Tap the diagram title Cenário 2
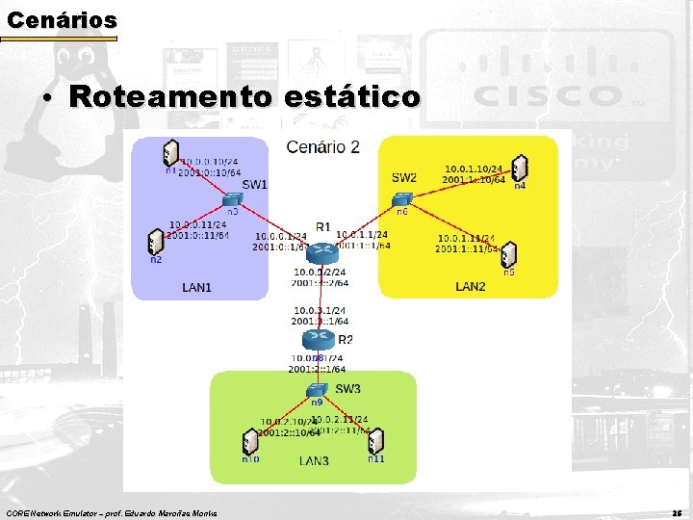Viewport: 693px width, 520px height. [x=323, y=146]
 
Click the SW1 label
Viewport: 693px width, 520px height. [x=255, y=184]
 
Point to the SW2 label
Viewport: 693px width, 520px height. [x=404, y=177]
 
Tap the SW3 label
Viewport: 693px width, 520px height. [x=347, y=389]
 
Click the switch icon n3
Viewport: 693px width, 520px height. [x=232, y=199]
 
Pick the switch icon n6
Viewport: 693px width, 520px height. [x=400, y=199]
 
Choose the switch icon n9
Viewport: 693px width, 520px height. [x=316, y=389]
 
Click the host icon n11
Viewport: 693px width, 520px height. [x=376, y=441]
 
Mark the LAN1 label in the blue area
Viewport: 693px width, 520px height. [x=197, y=286]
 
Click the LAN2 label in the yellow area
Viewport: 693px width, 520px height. [x=470, y=286]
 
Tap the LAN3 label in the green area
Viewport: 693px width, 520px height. [x=314, y=461]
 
